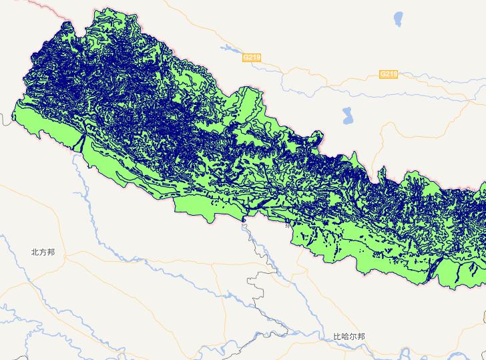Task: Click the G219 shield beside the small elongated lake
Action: coord(251,58)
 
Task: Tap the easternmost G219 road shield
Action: coord(389,73)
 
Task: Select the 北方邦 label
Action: coord(43,252)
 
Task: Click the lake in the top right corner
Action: coord(399,17)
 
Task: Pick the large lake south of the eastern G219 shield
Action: coord(347,116)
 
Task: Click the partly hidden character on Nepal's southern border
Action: coord(288,225)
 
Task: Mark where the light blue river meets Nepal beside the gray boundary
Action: coord(246,220)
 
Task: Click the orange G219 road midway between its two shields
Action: coord(320,70)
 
